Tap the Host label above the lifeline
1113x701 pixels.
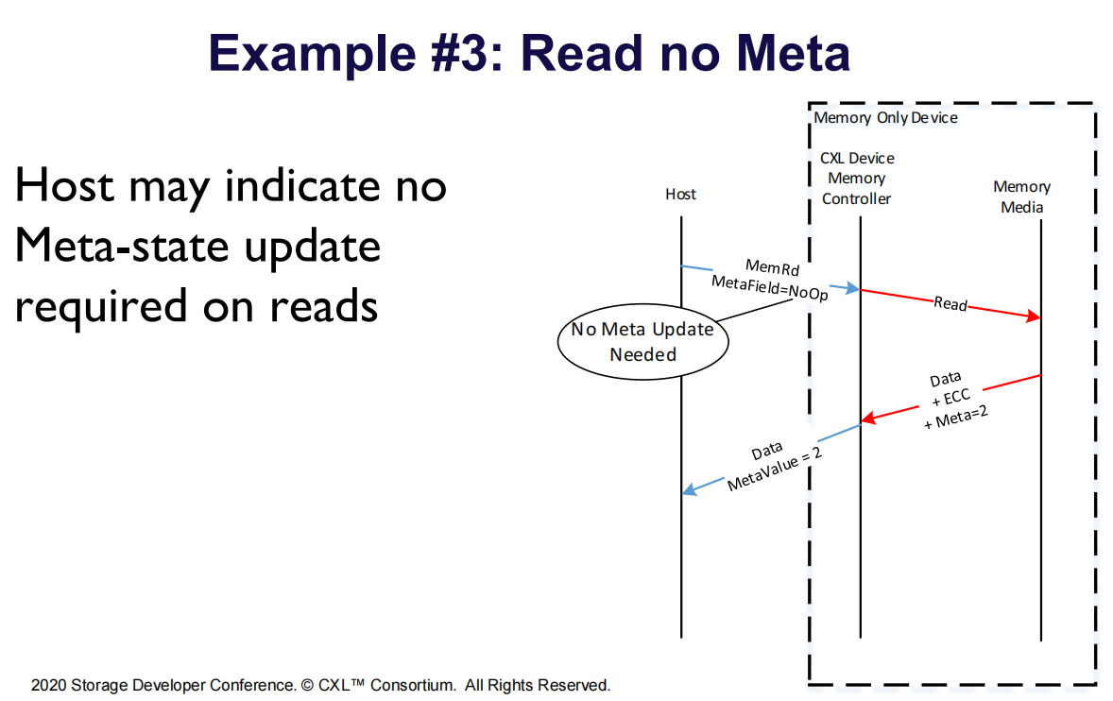(680, 194)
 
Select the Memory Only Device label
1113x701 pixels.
(885, 117)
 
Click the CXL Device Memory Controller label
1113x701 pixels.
(856, 178)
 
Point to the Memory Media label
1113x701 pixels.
(1021, 197)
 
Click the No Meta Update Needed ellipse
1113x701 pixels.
(642, 342)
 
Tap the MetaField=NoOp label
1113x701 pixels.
(765, 286)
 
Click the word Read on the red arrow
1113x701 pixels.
(950, 303)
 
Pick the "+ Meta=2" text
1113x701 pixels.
(955, 415)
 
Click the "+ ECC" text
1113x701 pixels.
(950, 397)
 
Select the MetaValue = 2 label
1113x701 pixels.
(772, 470)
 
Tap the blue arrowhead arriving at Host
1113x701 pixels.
(690, 489)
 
